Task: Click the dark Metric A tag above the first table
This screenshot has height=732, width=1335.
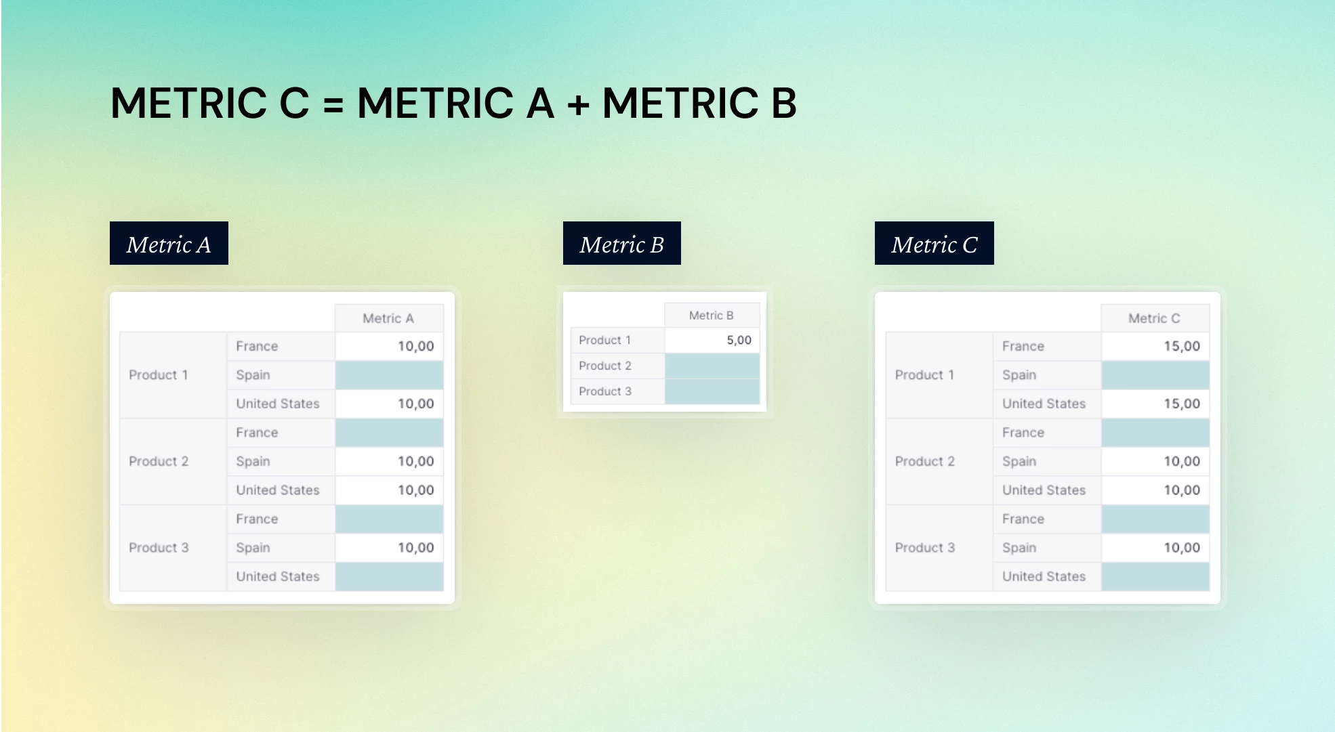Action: click(x=169, y=243)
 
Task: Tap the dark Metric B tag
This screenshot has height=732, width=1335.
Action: click(x=621, y=243)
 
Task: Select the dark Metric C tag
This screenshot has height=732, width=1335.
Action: click(x=934, y=243)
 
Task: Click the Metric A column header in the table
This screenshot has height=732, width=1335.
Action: click(x=389, y=318)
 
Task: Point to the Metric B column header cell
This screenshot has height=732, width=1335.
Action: click(x=712, y=316)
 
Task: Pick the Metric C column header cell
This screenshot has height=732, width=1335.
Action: click(x=1155, y=318)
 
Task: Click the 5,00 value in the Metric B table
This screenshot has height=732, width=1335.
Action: click(x=739, y=340)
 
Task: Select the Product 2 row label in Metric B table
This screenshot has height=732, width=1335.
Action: click(x=605, y=366)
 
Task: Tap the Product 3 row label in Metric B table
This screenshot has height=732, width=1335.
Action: click(x=605, y=391)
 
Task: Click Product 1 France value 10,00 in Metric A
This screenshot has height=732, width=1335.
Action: click(x=415, y=346)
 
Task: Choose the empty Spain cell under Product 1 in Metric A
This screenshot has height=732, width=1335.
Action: click(x=389, y=375)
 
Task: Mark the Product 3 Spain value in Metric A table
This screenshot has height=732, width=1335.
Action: click(x=415, y=548)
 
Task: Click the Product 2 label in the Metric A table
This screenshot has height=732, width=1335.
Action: click(x=159, y=461)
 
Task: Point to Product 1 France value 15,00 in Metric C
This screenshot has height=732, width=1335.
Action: click(x=1182, y=346)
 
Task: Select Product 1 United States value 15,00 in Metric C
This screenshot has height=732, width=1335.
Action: click(x=1182, y=404)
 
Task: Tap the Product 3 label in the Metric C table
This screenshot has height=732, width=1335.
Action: click(x=925, y=548)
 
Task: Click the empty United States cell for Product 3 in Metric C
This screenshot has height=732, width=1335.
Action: click(x=1155, y=577)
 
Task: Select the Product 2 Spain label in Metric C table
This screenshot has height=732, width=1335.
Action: click(x=1019, y=461)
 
